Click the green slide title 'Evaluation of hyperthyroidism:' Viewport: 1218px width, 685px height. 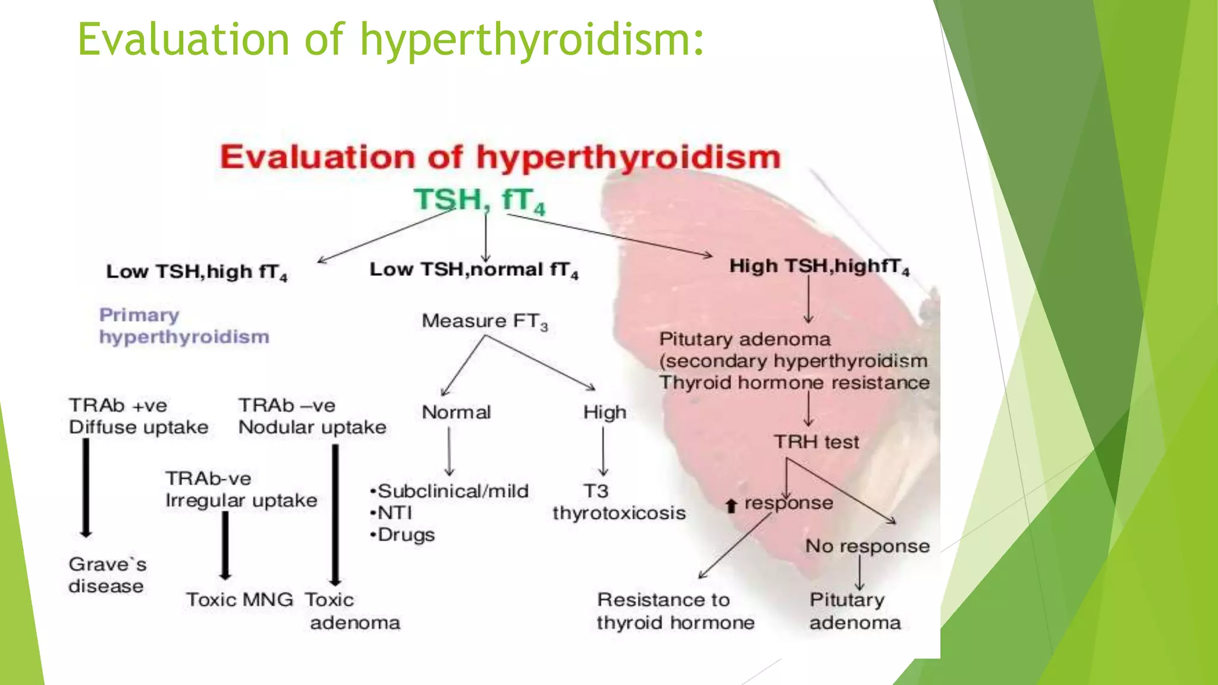coord(391,39)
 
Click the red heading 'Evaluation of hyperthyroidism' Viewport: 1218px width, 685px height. coord(500,158)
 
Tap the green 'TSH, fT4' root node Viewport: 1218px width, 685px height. coord(479,199)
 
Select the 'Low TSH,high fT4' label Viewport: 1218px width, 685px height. coord(196,272)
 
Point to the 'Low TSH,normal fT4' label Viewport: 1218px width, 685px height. coord(473,270)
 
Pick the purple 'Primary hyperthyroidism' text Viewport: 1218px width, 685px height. coord(184,326)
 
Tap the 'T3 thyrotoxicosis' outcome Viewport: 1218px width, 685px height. coord(619,502)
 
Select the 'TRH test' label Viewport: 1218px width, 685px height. coord(816,442)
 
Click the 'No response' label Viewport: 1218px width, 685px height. coord(867,546)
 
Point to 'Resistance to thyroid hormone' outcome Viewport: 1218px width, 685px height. coord(676,611)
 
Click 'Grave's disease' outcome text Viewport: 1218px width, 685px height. coord(107,575)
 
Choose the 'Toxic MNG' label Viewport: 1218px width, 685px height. coord(239,599)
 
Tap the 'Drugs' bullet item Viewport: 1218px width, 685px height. coord(406,535)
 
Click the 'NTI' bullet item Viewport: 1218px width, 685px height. coord(394,513)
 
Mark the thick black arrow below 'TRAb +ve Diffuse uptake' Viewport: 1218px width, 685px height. coord(86,488)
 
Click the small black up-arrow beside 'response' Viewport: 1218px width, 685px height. coord(732,505)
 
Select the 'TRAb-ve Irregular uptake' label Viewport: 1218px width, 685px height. coord(241,489)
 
